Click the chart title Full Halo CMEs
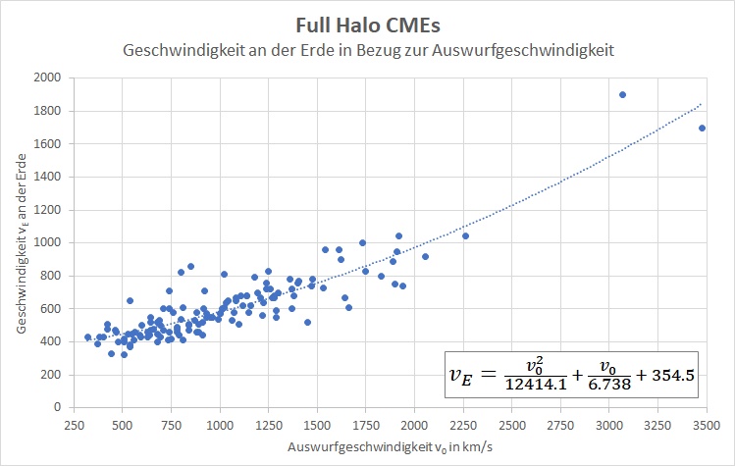coord(367,23)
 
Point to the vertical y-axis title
coord(22,242)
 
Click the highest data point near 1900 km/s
coord(622,94)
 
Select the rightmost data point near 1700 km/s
coord(702,129)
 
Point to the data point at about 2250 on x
coord(465,236)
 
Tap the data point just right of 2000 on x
coord(425,256)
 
